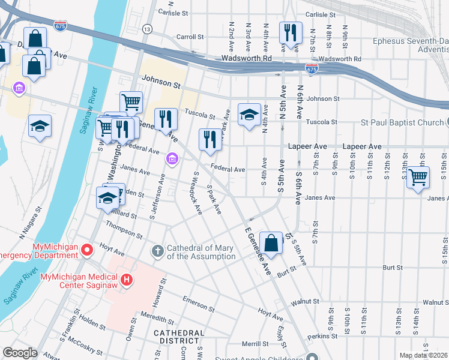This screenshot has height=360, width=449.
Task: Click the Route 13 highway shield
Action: click(147, 29)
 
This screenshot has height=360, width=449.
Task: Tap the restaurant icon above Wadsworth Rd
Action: click(291, 34)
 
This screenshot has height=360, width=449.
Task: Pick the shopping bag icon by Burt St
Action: click(271, 244)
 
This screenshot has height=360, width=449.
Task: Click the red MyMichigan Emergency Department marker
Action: click(88, 248)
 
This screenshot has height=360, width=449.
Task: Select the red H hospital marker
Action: click(126, 280)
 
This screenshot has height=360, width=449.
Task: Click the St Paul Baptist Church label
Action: click(393, 123)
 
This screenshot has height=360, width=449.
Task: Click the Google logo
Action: click(20, 353)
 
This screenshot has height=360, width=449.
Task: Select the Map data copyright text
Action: click(423, 355)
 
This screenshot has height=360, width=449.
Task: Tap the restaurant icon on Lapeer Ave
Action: click(209, 139)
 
